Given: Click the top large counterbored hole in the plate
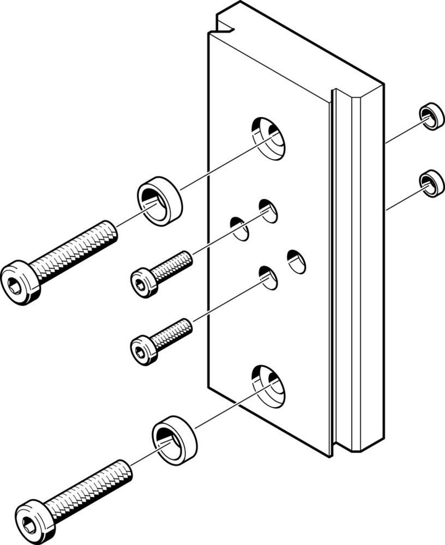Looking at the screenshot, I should (268, 138).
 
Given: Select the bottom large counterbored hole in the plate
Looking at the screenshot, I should (268, 386).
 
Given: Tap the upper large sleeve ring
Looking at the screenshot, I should (159, 201).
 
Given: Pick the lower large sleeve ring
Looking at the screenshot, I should (174, 439).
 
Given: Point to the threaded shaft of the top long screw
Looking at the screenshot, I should (74, 251).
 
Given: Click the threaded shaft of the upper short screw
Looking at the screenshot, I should (171, 266).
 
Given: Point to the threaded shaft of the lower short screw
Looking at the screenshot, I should (171, 334).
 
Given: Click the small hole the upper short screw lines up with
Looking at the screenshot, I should (268, 211).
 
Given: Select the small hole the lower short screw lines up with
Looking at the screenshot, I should (268, 278).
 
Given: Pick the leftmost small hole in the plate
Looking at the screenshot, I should (239, 229).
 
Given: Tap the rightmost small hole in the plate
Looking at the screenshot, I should (296, 262).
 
